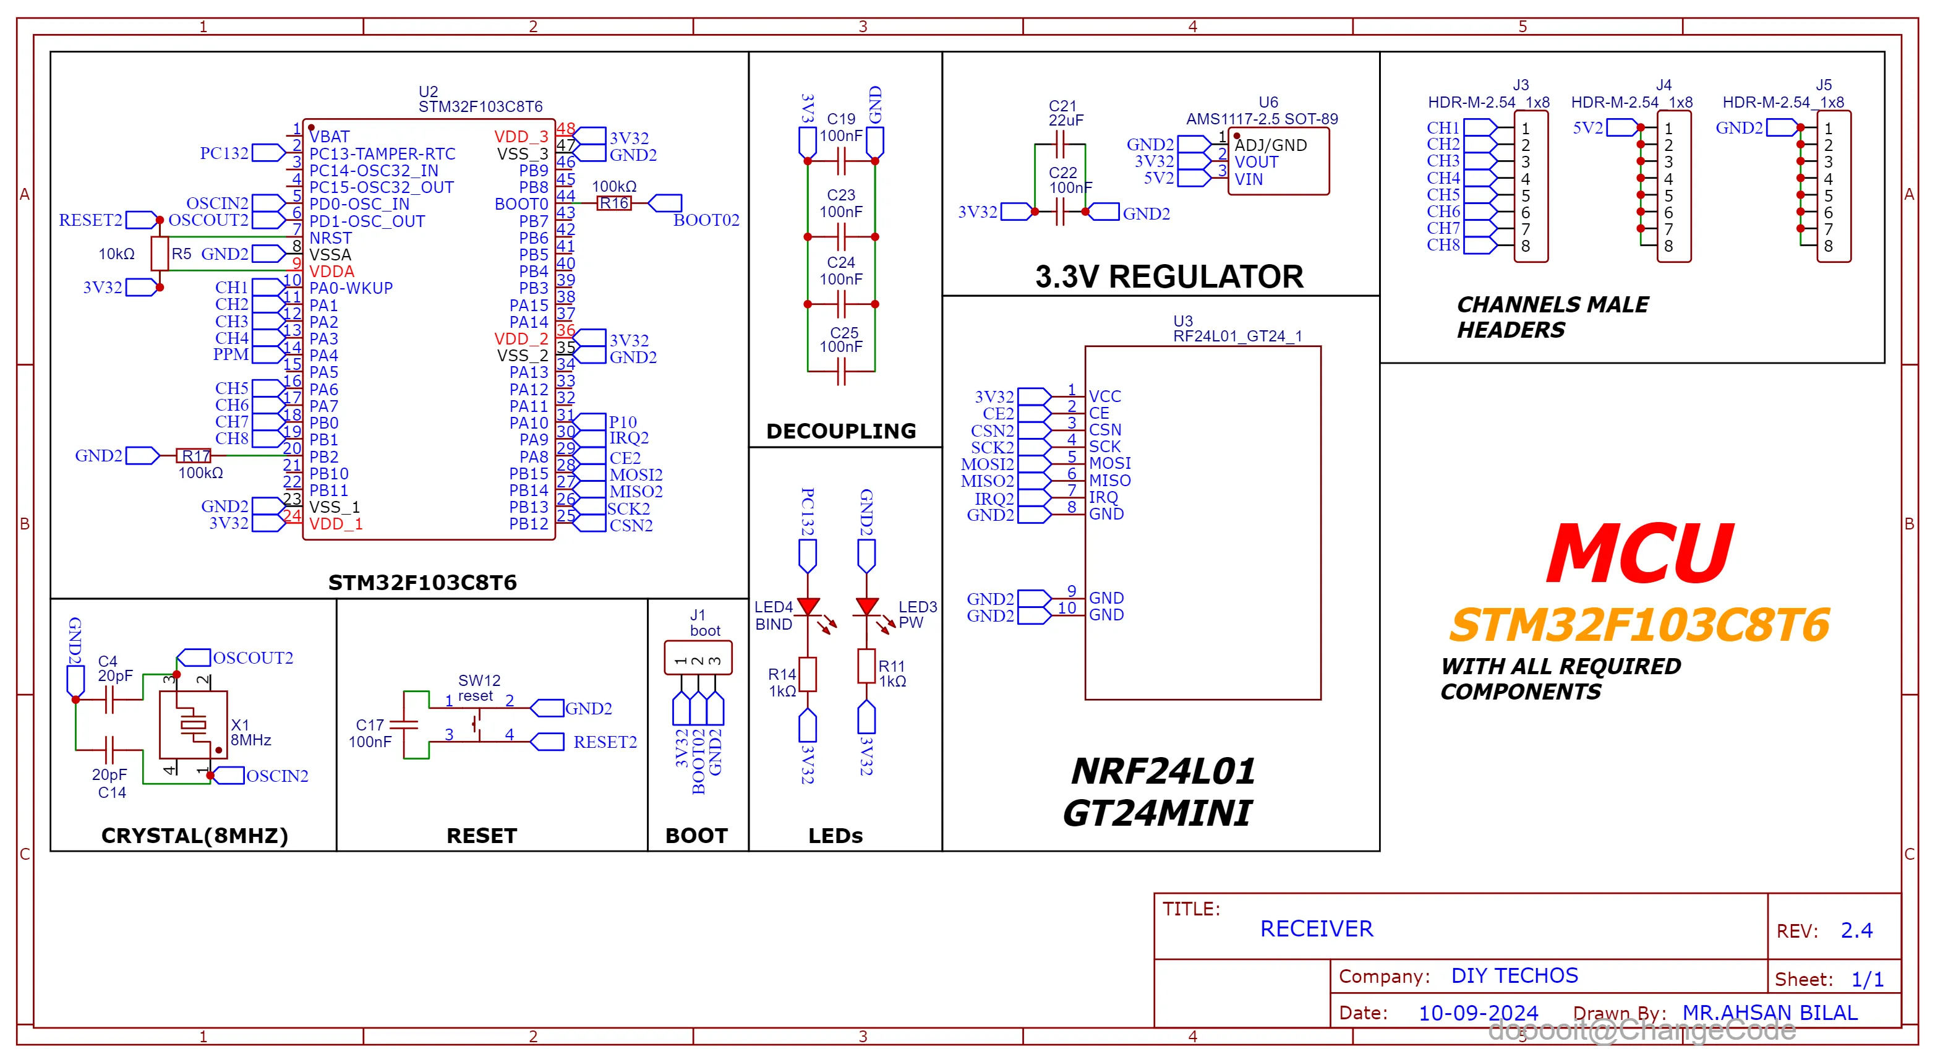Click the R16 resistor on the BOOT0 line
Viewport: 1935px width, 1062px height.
613,203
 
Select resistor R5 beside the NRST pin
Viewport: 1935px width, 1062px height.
160,253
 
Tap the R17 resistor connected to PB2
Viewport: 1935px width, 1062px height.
194,456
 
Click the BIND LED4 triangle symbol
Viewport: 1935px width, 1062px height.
808,606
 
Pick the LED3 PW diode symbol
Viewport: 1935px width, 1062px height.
867,606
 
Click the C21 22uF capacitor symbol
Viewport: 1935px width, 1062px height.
1060,144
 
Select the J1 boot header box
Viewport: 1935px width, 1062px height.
698,658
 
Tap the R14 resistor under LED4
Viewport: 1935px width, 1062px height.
808,674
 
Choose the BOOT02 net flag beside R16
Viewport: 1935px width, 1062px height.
665,203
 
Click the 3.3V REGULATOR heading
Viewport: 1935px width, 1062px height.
1169,277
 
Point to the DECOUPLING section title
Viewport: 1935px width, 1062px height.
840,431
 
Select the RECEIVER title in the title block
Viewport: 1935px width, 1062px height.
1316,929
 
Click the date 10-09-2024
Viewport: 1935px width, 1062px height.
1477,1013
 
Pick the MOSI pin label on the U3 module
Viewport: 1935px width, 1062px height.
1109,463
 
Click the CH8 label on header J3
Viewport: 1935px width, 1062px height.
1443,245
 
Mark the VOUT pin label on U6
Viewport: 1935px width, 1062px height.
1256,162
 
